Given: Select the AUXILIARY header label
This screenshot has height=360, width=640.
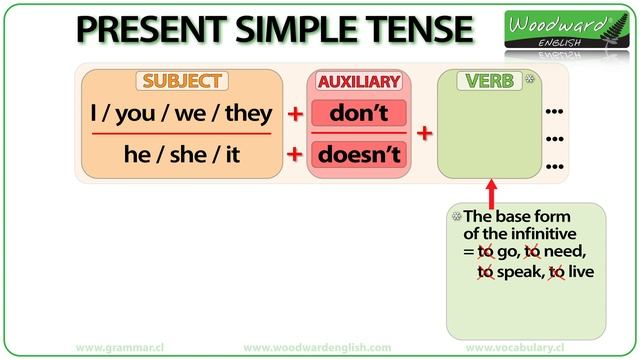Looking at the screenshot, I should pos(358,81).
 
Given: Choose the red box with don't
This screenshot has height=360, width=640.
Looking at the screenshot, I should pos(358,114).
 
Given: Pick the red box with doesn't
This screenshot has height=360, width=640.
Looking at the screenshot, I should pos(358,155).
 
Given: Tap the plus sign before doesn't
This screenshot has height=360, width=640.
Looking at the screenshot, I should pos(295,155).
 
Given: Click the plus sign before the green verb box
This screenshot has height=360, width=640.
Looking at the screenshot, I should pos(422,134).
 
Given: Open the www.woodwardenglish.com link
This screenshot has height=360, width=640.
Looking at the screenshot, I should pos(317,347).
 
